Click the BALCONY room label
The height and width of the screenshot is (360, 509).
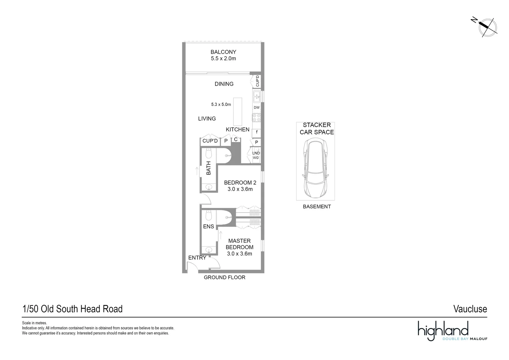[223, 52]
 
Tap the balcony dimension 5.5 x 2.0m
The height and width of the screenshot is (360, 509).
[223, 59]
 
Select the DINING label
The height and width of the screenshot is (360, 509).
[224, 84]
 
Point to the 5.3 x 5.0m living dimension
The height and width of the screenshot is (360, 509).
[221, 104]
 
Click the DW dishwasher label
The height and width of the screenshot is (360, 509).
[256, 108]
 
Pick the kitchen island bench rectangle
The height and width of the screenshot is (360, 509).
[238, 111]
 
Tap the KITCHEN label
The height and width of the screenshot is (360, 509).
[238, 130]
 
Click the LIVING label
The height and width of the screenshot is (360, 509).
[207, 119]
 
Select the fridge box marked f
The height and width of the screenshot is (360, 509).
[256, 132]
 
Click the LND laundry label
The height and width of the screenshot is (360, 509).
[256, 153]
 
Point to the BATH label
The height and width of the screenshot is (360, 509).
[209, 168]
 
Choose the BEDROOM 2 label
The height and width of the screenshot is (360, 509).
[240, 183]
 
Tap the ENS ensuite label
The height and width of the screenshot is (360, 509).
[209, 227]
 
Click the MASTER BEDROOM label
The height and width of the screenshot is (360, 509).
[240, 244]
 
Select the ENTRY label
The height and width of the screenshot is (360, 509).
[197, 258]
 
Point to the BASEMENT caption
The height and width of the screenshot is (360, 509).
[317, 207]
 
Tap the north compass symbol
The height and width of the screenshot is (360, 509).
[488, 27]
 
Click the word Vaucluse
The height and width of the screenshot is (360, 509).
[470, 309]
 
